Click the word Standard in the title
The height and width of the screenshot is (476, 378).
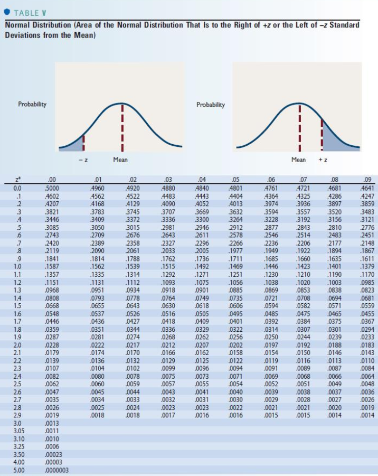coord(344,25)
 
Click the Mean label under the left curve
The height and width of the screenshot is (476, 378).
coord(120,159)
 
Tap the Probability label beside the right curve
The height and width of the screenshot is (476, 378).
coord(210,104)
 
